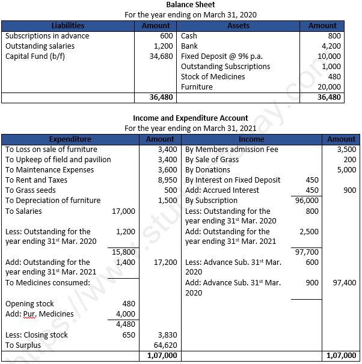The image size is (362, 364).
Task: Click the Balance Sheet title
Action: click(181, 5)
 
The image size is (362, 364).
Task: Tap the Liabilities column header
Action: click(68, 26)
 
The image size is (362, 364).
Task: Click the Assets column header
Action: click(239, 26)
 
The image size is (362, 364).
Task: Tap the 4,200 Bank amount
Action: click(331, 46)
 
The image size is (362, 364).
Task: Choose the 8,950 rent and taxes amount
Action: click(167, 180)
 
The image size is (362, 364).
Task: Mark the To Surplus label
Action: click(24, 345)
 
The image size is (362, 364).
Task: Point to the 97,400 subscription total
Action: click(344, 282)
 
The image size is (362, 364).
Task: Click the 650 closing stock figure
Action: click(129, 335)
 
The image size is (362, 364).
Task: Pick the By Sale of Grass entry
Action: click(212, 159)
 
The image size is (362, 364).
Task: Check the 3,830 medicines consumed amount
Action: click(167, 335)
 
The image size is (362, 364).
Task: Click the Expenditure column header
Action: click(70, 139)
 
